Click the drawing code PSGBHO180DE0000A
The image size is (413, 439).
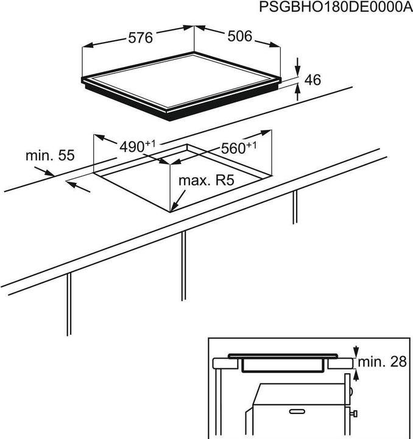click(332, 7)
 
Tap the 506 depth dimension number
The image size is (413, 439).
click(239, 37)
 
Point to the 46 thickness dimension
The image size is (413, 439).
click(312, 79)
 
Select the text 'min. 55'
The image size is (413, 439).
click(50, 155)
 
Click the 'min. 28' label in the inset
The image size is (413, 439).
click(381, 362)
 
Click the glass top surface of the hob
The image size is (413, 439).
click(183, 85)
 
